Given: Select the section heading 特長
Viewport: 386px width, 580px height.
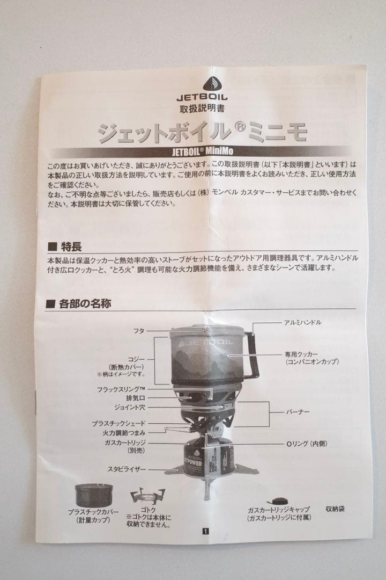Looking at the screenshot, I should (71, 247).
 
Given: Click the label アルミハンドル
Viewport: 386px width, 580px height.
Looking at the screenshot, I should (303, 323).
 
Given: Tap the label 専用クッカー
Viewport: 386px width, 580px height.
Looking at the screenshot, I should (301, 354).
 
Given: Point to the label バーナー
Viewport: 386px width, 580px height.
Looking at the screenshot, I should (298, 412).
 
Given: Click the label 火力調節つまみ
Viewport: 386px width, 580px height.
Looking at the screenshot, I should (124, 432).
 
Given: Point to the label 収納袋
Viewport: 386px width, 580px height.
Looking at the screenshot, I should (336, 508).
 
